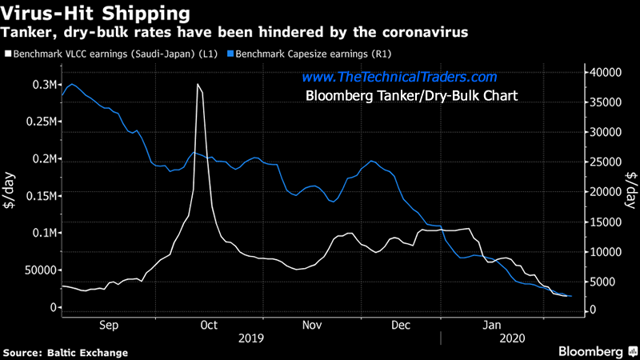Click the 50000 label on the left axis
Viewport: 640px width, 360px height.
point(37,270)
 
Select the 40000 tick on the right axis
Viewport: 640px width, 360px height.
point(606,72)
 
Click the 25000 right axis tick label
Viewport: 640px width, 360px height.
point(606,162)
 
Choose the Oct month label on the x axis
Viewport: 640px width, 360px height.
point(209,326)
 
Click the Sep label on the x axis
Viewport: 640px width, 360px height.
point(109,326)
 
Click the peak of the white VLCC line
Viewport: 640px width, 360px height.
point(198,84)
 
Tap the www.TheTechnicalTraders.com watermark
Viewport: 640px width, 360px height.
point(399,78)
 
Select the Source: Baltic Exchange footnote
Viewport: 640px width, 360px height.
point(66,352)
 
